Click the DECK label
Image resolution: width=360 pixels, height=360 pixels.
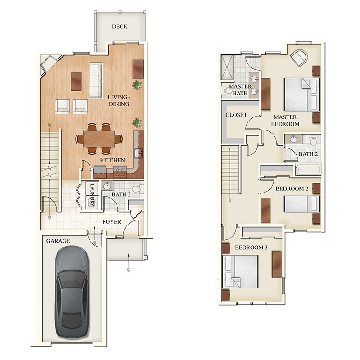tap(119, 27)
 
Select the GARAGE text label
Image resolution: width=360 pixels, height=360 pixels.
tap(58, 241)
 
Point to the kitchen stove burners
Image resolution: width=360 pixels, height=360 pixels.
tap(120, 171)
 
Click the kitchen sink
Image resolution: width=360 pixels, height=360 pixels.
tap(139, 153)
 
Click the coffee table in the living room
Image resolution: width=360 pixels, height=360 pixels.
tap(76, 81)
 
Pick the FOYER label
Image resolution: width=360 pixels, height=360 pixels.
tap(111, 222)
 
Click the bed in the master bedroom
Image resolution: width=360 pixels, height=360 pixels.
tap(301, 94)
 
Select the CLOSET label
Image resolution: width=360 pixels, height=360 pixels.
tap(236, 115)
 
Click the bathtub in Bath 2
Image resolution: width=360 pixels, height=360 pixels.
tap(308, 170)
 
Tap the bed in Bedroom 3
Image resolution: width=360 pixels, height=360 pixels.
tap(241, 271)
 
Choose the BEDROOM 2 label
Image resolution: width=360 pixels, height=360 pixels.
tap(292, 189)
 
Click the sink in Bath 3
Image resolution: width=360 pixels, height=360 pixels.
tap(108, 186)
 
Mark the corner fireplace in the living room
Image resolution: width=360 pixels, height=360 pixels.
tap(48, 64)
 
